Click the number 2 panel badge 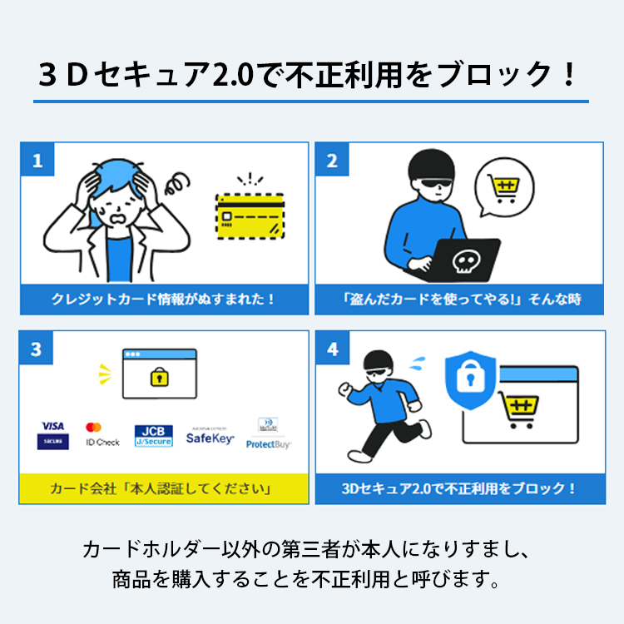pos(332,160)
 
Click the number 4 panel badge pos(332,349)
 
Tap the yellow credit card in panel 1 pos(250,213)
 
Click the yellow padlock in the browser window pos(158,377)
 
